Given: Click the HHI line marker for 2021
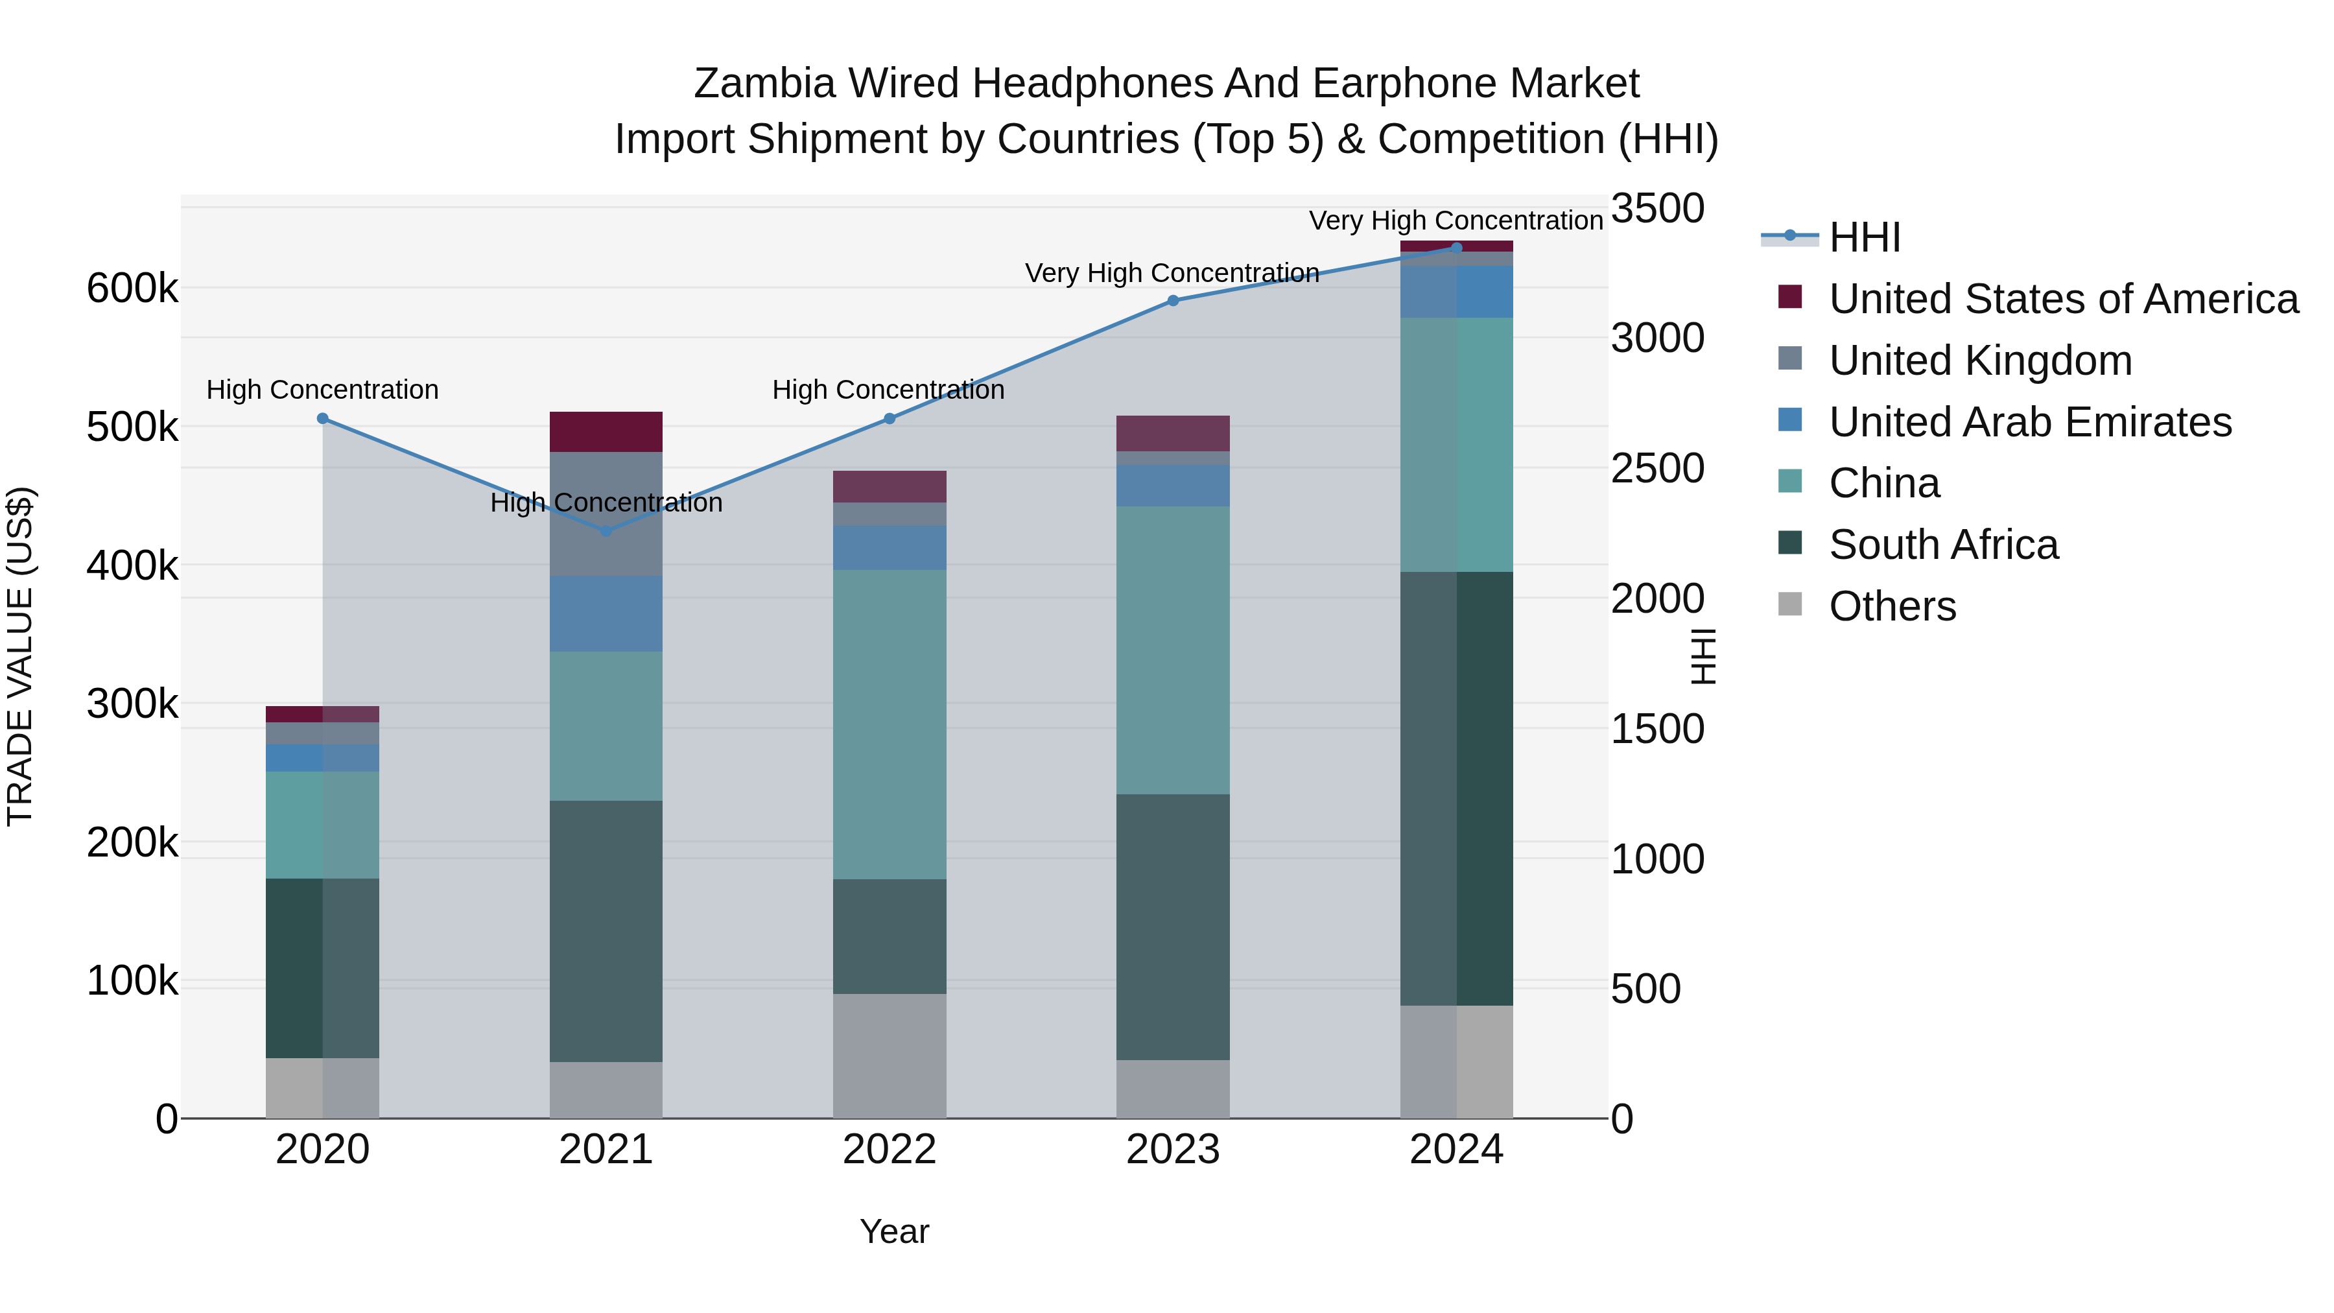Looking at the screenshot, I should click(x=606, y=531).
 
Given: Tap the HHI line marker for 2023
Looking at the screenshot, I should click(x=1172, y=300).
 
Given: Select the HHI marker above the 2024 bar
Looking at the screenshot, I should click(x=1456, y=248).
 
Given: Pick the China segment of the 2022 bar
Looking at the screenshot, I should click(x=889, y=724).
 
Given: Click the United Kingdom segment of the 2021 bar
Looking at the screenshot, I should click(x=606, y=514).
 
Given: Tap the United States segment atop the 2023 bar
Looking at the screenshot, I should click(x=1172, y=433).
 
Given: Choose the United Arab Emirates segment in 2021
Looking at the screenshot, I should click(x=606, y=613).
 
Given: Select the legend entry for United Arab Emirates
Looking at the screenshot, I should click(x=2029, y=422).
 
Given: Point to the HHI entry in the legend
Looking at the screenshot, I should click(x=1864, y=237).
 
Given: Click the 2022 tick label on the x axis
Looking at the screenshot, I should click(x=889, y=1150).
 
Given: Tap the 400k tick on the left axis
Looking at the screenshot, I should click(x=132, y=566).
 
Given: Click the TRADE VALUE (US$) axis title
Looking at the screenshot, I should click(x=20, y=656).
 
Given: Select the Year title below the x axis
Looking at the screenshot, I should click(x=894, y=1231).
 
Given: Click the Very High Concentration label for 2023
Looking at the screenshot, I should click(x=1172, y=273).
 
